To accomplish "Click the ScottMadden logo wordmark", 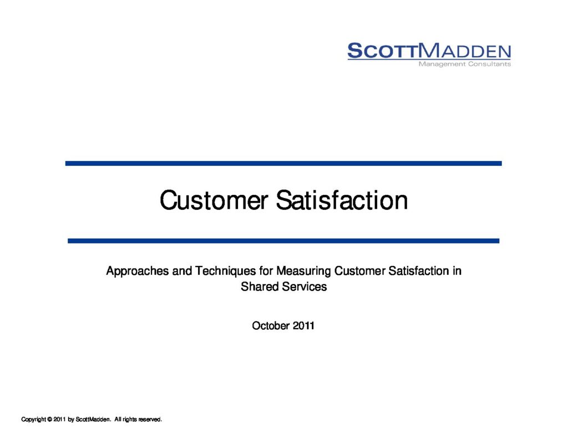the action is coord(429,51).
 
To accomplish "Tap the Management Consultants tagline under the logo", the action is coord(465,64).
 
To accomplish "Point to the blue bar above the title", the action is coord(283,164).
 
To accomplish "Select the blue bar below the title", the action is coord(283,241).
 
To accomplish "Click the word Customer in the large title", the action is coord(214,200).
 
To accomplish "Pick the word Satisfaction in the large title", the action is coord(342,200).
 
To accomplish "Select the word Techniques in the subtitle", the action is coord(225,271).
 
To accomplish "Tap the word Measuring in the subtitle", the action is coord(303,271).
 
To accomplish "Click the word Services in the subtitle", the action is coord(305,287).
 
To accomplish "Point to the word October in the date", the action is coord(271,326).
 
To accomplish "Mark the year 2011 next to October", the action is coord(303,326).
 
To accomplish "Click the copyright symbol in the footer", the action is coord(49,420).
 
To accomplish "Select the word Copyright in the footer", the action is coord(34,420).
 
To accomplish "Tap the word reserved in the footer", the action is coord(150,420).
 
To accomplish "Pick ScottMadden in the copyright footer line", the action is coord(93,420).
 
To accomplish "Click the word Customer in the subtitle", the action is coord(359,271).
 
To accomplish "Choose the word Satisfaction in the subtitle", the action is coord(418,271).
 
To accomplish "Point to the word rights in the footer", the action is coord(130,420).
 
